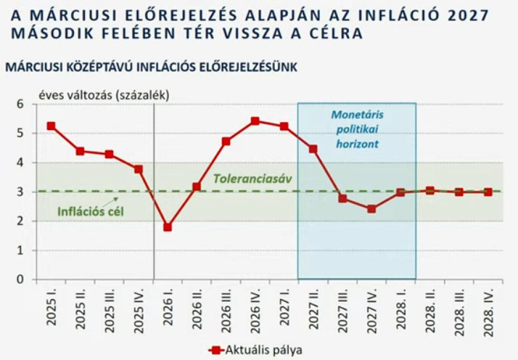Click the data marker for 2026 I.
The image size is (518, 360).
click(x=168, y=226)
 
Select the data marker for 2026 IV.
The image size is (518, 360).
click(x=255, y=121)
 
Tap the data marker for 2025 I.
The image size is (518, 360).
click(x=51, y=126)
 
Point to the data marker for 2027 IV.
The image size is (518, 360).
click(x=371, y=209)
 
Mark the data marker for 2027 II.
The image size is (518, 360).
click(x=313, y=149)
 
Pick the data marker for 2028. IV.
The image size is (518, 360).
click(x=488, y=192)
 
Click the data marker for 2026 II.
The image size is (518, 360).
click(x=197, y=187)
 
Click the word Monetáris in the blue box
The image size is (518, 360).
click(x=357, y=115)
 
